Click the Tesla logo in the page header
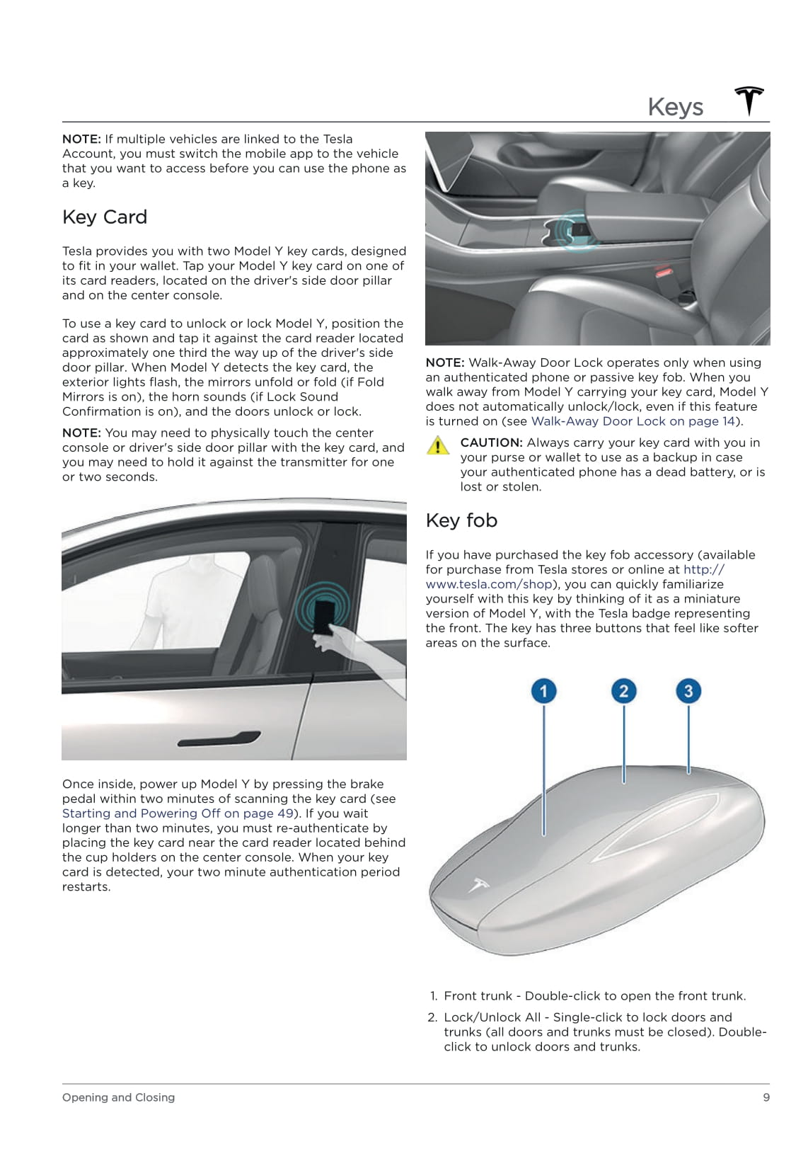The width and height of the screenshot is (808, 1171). pos(749,101)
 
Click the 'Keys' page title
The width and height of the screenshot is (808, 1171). pos(675,107)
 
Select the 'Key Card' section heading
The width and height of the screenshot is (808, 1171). pos(105,217)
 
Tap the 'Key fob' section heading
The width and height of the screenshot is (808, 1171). pos(461,520)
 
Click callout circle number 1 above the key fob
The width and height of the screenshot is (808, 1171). pos(543,691)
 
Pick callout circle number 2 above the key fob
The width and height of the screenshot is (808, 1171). pos(623,691)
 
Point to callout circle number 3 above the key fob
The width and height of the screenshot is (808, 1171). pos(688,691)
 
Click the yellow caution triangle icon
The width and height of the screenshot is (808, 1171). pos(438,446)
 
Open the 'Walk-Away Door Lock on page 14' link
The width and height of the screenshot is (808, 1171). pos(633,421)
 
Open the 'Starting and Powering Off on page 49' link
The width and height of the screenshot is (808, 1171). pos(178,813)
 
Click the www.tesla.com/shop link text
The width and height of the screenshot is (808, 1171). pos(488,584)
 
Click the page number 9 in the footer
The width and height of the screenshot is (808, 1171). pos(766,1097)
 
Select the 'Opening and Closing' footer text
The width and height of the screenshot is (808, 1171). pos(118,1097)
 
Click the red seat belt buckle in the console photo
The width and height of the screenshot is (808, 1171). pos(663,272)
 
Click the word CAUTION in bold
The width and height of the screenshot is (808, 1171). pos(491,442)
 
